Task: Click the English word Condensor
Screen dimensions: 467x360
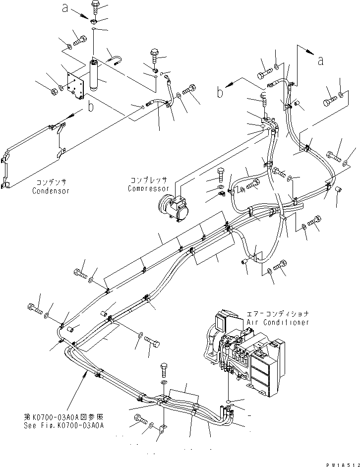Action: [x=52, y=191]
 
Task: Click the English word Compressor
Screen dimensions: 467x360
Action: [x=149, y=188]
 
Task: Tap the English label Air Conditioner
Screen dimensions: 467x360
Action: [x=278, y=322]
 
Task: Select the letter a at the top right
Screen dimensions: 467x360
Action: [x=320, y=60]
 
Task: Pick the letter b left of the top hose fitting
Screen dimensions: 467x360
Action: [x=220, y=92]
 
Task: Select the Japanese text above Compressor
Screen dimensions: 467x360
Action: [x=149, y=180]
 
